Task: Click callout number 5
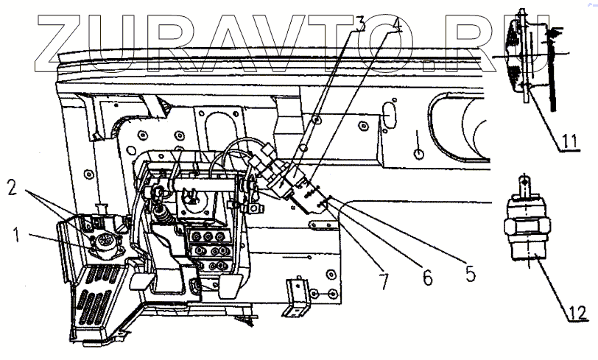[470, 274]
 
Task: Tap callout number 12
[579, 315]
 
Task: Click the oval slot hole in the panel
[390, 117]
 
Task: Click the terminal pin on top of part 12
[524, 183]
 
